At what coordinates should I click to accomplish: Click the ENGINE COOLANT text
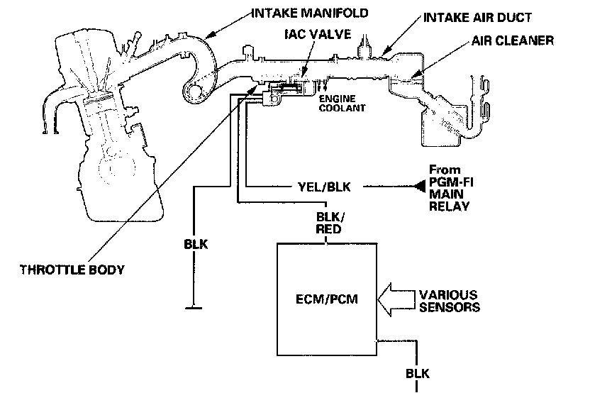coord(342,103)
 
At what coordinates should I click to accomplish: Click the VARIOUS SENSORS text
coord(447,300)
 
